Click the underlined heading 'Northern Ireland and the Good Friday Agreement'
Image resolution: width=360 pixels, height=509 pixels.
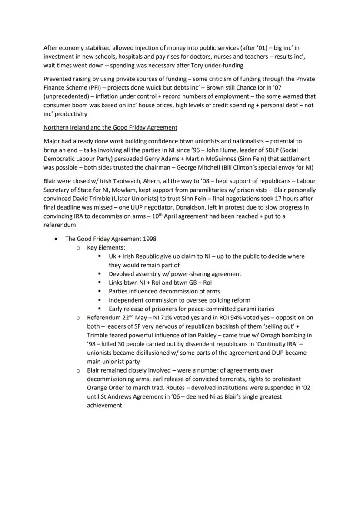tap(110, 127)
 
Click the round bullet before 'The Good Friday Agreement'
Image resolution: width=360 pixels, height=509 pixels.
tap(56, 239)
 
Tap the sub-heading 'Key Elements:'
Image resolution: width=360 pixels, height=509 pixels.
tap(100, 247)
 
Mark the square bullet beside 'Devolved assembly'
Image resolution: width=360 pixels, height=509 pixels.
tap(100, 274)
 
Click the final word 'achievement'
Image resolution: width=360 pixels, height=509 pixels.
tap(104, 405)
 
